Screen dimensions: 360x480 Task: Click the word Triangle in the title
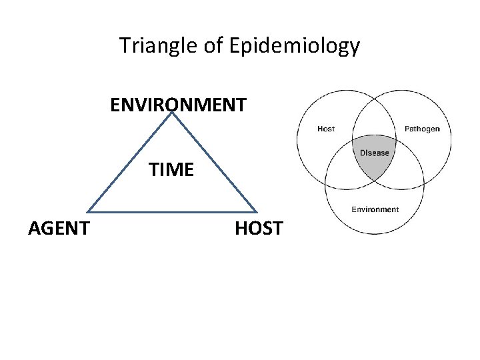(157, 46)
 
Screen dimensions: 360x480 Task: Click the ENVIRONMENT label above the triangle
(178, 105)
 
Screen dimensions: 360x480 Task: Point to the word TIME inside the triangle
(171, 170)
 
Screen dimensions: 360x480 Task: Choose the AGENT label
(59, 229)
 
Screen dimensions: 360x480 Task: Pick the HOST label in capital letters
(259, 229)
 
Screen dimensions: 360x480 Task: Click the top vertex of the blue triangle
(172, 113)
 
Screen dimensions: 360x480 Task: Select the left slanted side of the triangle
(129, 163)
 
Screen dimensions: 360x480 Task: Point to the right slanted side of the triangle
(215, 163)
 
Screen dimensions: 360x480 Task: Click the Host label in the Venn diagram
(326, 129)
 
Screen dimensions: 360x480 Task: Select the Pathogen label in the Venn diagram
(422, 129)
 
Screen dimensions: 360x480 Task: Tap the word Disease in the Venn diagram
(374, 153)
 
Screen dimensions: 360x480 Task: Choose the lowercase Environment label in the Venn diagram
(375, 209)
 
